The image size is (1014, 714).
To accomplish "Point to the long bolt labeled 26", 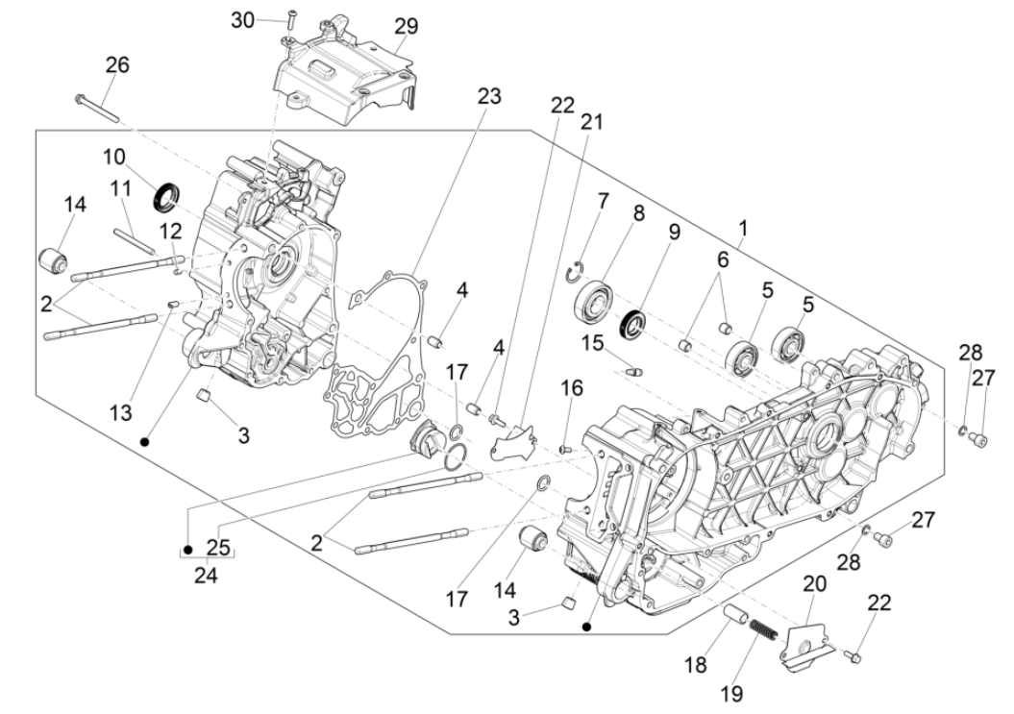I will pos(95,109).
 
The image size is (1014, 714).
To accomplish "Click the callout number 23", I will pos(489,96).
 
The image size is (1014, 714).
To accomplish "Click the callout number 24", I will pos(206,576).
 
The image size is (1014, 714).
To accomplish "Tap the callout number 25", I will pos(220,549).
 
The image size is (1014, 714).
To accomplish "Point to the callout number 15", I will pos(592,343).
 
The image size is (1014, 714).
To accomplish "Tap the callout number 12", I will pos(169,230).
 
